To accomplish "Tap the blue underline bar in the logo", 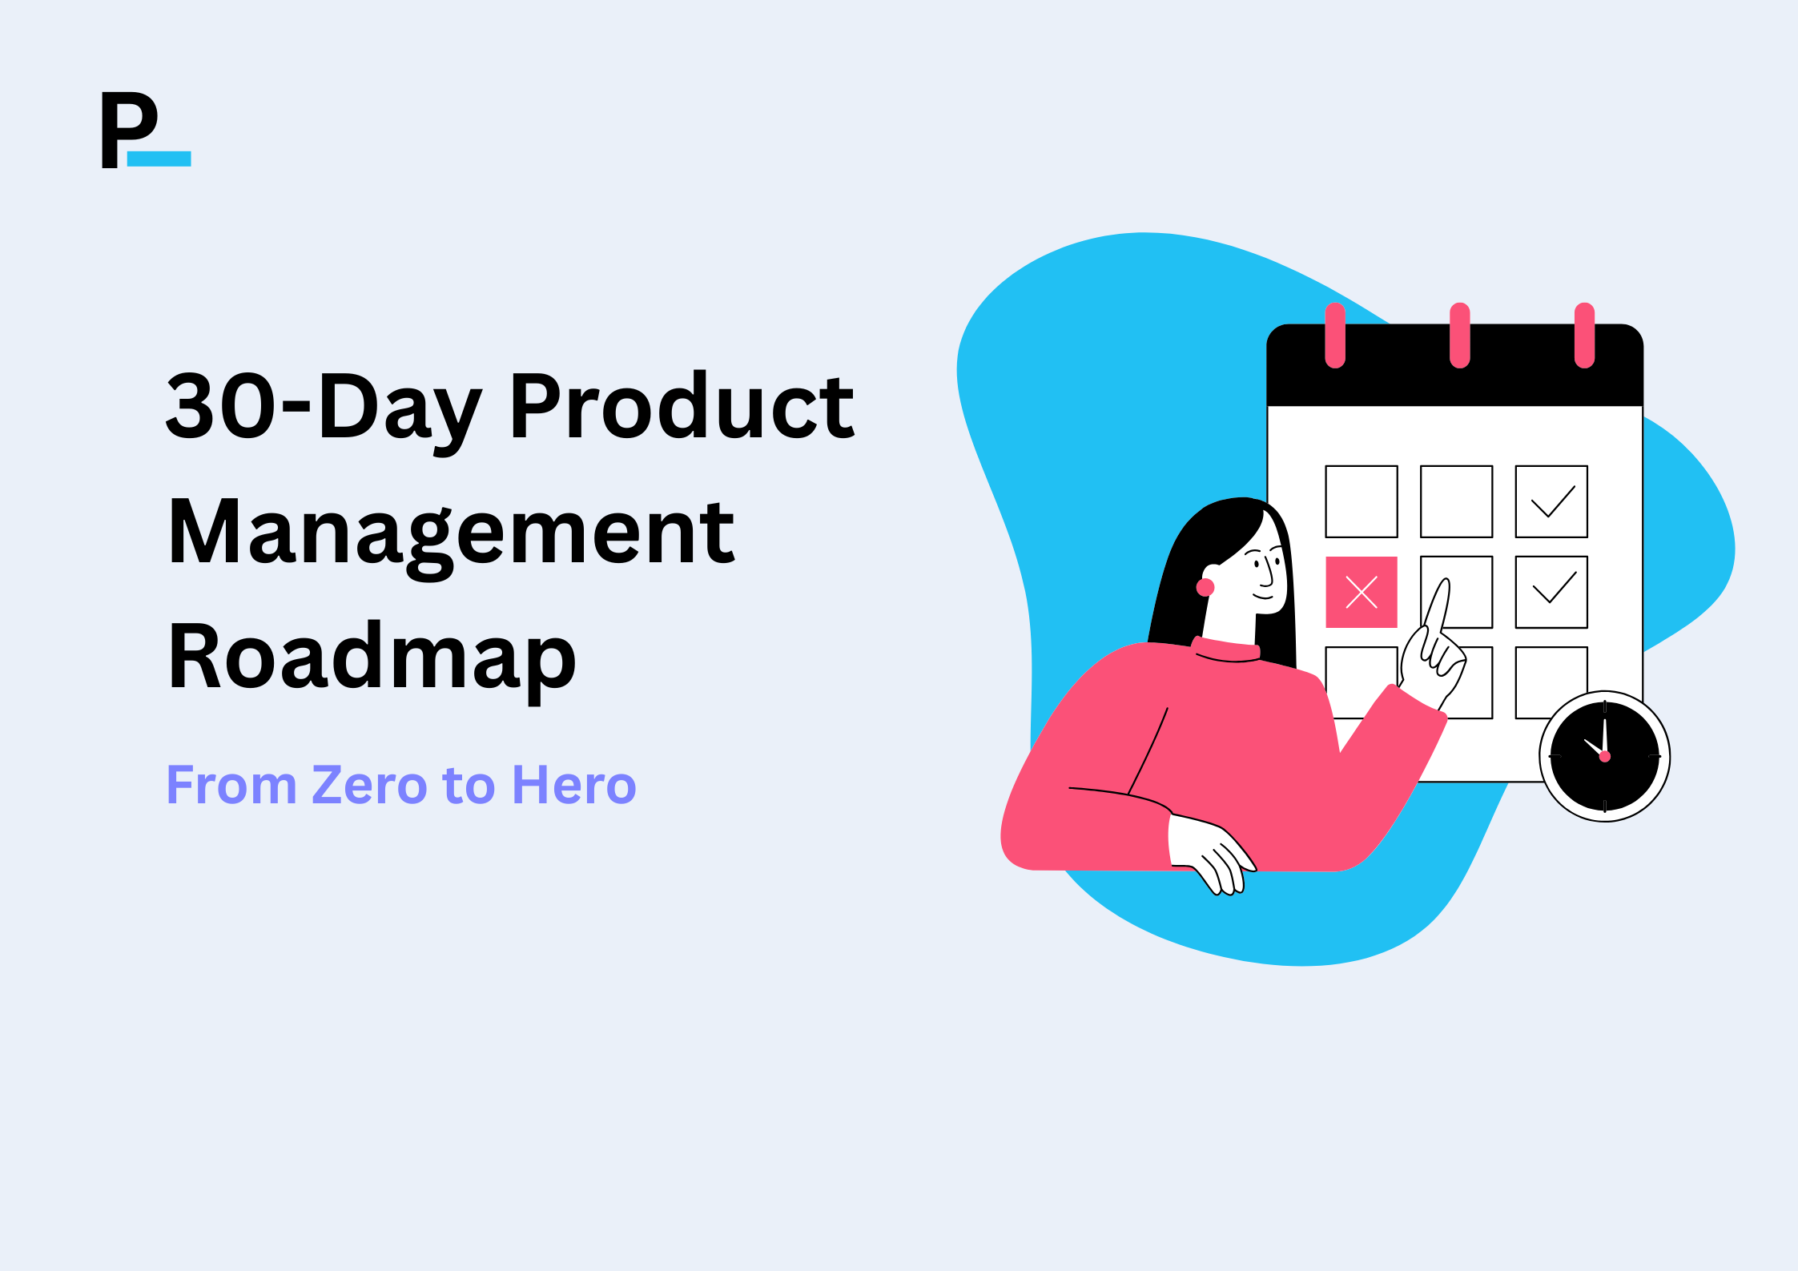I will pos(159,159).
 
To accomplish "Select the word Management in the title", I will pos(451,533).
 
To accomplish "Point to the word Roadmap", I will pos(372,657).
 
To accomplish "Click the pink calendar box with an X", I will pos(1361,592).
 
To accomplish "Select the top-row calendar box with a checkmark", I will pos(1551,501).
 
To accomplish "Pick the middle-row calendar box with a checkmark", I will pos(1551,592).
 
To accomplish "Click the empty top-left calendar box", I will pos(1361,501).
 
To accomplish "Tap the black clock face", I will pos(1604,756).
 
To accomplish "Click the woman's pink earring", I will pos(1205,587).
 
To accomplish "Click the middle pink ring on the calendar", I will pos(1459,335).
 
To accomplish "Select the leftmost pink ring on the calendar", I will pos(1335,335).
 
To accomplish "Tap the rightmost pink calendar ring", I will pos(1584,335).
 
